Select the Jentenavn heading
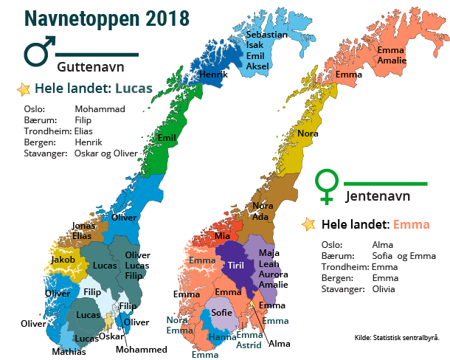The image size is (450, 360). [x=378, y=196]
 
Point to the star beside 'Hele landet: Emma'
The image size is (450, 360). [x=310, y=224]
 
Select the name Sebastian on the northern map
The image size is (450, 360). [x=267, y=35]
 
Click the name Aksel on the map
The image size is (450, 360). [x=257, y=66]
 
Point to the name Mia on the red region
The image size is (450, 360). [x=222, y=236]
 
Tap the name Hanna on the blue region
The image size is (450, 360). [x=222, y=337]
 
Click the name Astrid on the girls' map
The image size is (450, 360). [x=249, y=345]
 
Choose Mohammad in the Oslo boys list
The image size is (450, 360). [x=100, y=109]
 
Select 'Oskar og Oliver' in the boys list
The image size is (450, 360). [x=105, y=153]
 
